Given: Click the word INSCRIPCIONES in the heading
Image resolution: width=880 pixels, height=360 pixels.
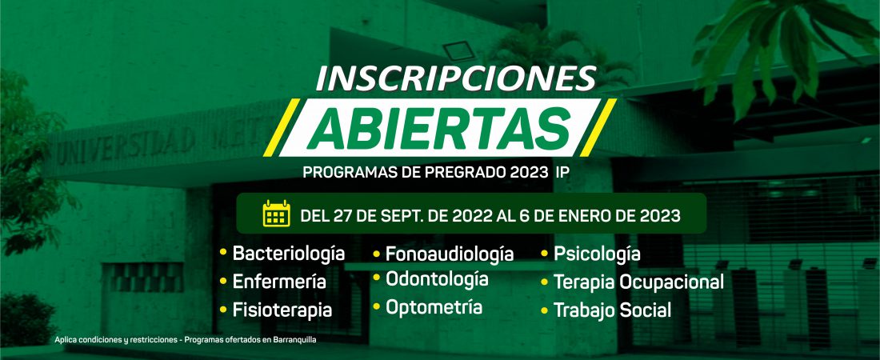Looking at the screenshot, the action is point(455,78).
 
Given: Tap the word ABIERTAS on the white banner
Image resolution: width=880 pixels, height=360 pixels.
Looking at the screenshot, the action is point(439,128).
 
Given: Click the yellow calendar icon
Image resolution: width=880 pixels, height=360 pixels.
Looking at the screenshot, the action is point(277,214).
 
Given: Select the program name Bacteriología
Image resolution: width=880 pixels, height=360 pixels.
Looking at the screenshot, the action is point(289,254).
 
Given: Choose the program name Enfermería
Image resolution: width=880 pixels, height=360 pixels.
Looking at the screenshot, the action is point(279,282).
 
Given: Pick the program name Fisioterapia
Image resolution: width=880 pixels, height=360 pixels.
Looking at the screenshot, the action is point(282,310).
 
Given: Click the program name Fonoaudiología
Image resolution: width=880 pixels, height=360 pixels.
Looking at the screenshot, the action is point(450,254).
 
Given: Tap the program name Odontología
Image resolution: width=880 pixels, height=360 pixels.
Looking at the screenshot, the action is point(437,279).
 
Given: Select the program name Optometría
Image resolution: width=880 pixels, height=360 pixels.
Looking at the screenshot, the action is point(434,307).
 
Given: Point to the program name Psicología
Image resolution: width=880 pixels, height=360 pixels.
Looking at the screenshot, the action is point(597,254).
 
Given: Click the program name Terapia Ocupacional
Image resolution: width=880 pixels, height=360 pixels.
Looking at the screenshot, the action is point(638,282).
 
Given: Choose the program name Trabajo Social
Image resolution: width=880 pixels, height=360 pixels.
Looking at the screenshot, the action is point(612,310).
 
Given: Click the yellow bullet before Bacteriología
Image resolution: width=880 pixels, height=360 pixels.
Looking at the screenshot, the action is point(223,253).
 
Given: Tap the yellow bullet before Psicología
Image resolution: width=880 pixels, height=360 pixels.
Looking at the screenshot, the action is point(544,254).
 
